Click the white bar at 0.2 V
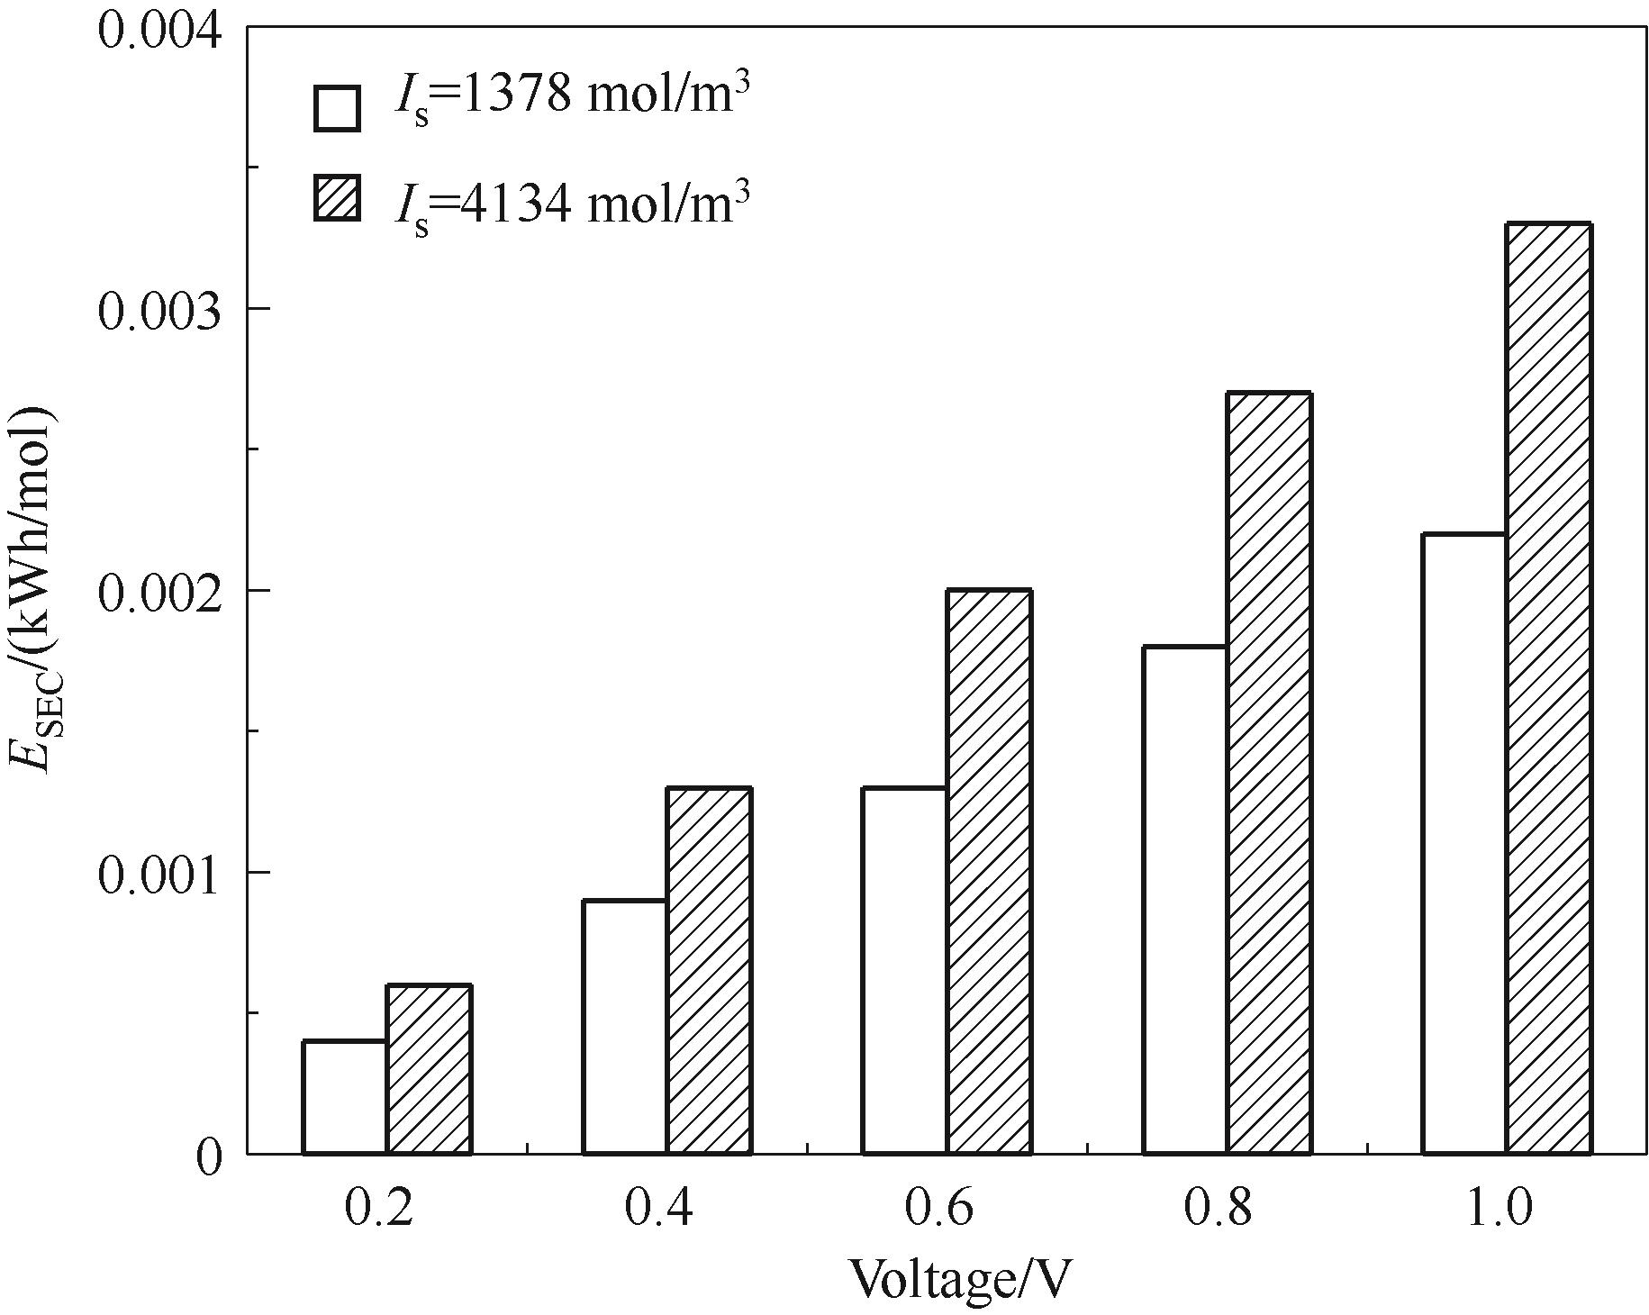tap(345, 1097)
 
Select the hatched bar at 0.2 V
tap(429, 1069)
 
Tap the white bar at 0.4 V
tap(625, 1027)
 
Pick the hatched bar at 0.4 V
tap(709, 971)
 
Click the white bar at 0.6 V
tap(904, 971)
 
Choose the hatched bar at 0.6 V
tap(989, 872)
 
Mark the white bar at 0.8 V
tap(1184, 900)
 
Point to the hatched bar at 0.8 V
tap(1268, 773)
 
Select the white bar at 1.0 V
tap(1463, 844)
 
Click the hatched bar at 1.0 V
tap(1548, 688)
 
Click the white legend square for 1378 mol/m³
tap(337, 109)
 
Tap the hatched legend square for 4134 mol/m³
tap(337, 198)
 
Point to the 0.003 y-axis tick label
tap(159, 309)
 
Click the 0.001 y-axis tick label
tap(159, 873)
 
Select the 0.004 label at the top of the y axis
tap(159, 29)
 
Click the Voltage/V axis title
tap(962, 1280)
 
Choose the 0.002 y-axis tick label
tap(159, 591)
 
